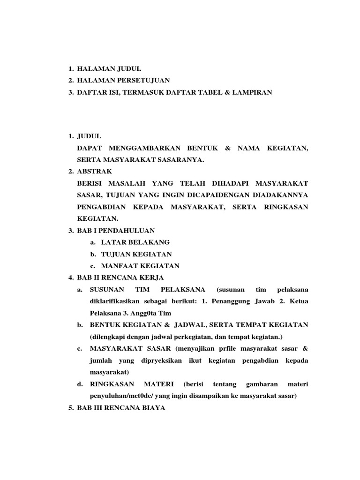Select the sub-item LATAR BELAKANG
[x=132, y=242]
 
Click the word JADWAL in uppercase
[x=184, y=325]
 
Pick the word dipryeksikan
[x=164, y=360]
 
